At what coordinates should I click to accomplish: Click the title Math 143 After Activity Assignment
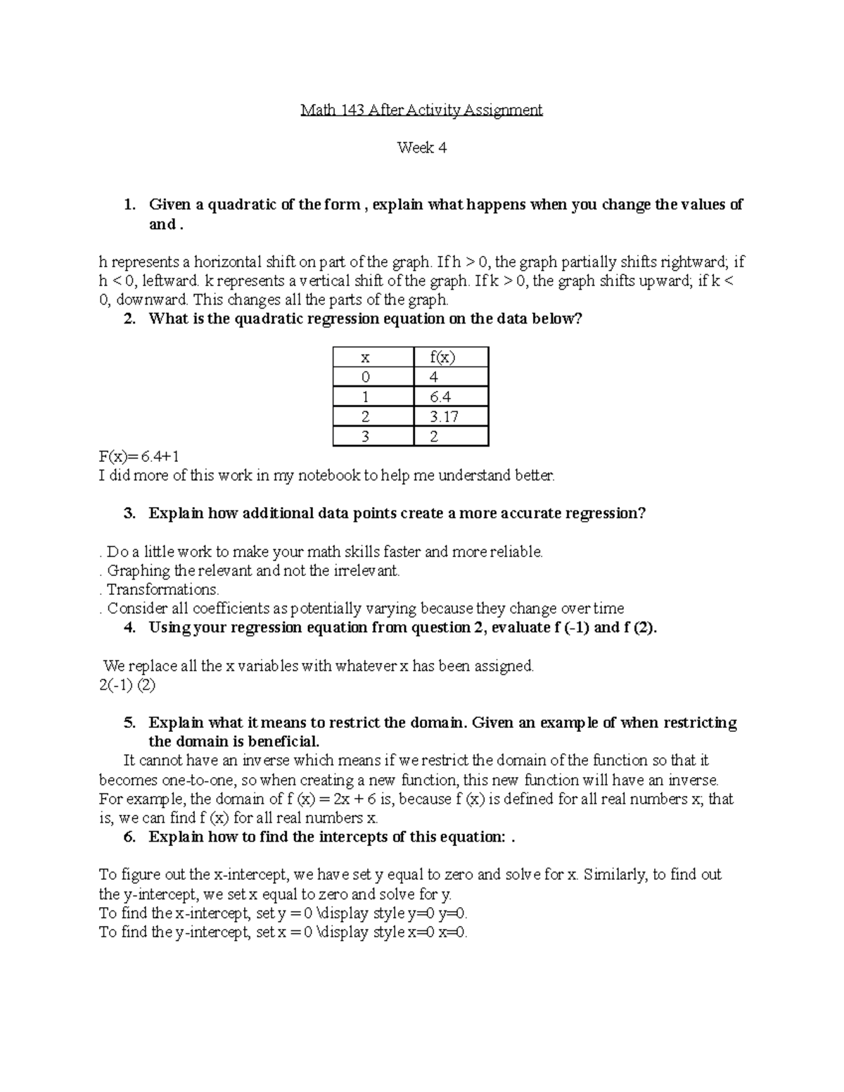tap(421, 110)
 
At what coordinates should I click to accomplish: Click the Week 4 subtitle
tap(421, 148)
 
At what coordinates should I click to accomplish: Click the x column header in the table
tap(373, 357)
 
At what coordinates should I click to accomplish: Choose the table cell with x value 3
tap(373, 437)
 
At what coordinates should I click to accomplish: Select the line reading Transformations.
tap(162, 589)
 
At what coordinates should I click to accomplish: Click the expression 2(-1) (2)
tap(127, 685)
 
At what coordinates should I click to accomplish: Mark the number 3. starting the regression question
tap(129, 513)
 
